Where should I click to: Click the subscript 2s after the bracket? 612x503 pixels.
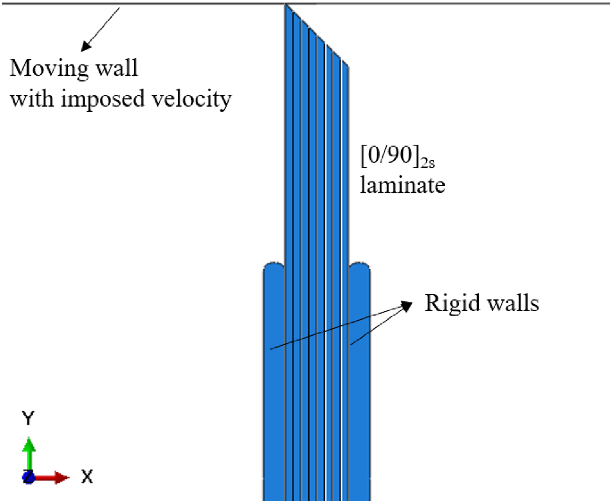click(x=428, y=163)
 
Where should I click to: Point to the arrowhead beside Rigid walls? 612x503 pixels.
click(x=407, y=306)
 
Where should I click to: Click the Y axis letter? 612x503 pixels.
click(x=28, y=418)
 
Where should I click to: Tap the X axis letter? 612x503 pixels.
click(x=87, y=477)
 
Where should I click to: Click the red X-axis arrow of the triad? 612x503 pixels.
click(x=51, y=477)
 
